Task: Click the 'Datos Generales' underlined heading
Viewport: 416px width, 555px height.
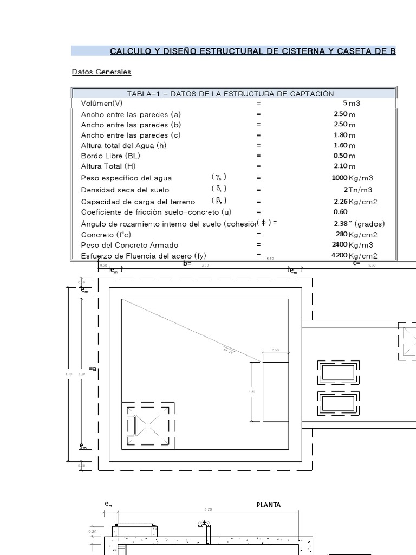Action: point(101,72)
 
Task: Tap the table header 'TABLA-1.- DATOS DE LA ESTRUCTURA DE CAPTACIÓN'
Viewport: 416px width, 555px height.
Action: point(230,94)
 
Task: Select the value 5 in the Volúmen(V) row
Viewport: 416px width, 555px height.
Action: point(344,103)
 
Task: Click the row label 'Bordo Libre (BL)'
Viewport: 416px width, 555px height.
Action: point(110,156)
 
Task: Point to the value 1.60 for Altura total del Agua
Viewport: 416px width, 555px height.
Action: point(340,145)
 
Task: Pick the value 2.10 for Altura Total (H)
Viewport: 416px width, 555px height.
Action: point(340,166)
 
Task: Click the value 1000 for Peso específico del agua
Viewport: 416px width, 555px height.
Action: point(339,178)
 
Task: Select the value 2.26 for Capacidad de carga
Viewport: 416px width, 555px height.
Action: point(340,202)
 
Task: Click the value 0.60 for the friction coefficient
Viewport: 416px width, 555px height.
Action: point(340,212)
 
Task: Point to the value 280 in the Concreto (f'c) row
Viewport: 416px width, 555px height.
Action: point(341,235)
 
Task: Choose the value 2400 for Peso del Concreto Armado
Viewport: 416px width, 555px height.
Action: point(339,245)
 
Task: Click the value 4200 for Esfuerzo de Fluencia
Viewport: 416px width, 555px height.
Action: point(339,256)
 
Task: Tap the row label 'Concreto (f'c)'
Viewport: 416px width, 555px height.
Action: point(106,235)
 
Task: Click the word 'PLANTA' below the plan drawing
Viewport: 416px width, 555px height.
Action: point(269,505)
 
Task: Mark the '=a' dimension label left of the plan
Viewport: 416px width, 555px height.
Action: point(92,369)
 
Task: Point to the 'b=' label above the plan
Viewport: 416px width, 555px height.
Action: point(187,263)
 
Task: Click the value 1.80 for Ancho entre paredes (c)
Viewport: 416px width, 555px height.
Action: point(340,135)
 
